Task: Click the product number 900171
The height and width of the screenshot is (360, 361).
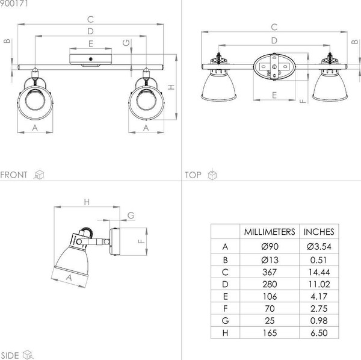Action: [14, 3]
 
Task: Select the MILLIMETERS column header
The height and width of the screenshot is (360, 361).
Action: [270, 232]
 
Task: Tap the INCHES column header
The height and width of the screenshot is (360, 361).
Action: [319, 232]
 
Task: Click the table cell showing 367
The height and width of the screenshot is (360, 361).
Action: [270, 272]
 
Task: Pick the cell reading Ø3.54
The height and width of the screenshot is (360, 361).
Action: [319, 247]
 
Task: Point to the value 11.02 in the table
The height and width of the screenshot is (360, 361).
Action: [319, 285]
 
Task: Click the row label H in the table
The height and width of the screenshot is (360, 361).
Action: [225, 333]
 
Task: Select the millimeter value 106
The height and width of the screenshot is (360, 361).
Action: [270, 296]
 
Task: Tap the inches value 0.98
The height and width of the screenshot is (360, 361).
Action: [319, 321]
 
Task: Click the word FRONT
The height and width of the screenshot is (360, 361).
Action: [14, 175]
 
